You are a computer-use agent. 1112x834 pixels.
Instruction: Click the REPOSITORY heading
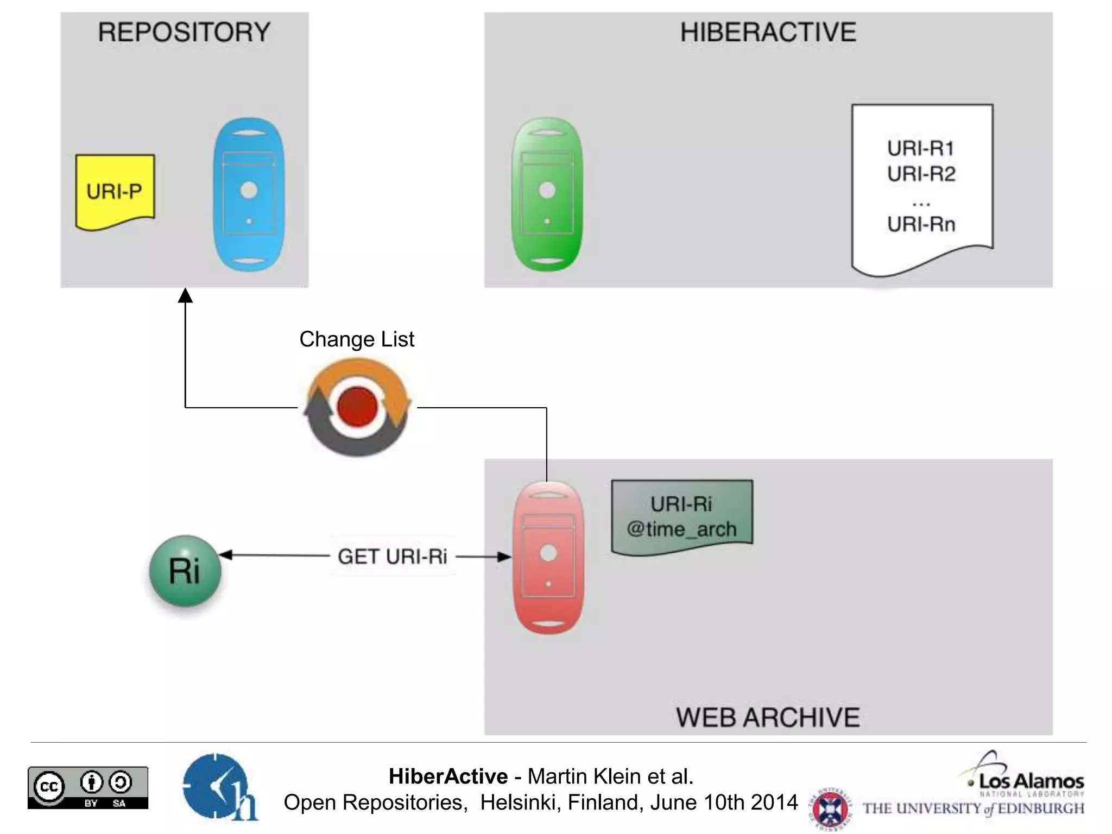184,32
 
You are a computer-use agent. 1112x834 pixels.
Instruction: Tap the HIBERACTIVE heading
768,32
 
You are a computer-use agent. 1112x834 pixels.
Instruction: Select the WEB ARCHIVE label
768,717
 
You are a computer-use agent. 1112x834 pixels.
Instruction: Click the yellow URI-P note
115,191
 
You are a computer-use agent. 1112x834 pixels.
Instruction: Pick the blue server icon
249,194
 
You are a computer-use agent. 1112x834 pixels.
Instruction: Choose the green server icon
547,194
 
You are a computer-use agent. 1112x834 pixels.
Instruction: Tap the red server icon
548,557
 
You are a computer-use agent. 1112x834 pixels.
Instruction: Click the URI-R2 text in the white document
921,174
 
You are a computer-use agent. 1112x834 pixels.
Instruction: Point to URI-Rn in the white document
921,224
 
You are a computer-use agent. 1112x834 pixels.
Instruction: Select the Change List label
357,339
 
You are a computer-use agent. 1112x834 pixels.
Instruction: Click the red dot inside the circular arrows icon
357,407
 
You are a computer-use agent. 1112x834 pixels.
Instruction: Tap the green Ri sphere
185,571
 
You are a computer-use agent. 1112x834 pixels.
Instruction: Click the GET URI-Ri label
392,557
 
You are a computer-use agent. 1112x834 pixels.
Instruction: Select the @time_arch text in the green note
681,529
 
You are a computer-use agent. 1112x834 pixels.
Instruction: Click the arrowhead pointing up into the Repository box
185,295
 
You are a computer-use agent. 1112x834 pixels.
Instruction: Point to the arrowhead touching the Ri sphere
225,555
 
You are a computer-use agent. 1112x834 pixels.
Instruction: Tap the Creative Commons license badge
88,787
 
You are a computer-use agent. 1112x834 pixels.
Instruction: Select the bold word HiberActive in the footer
448,776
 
